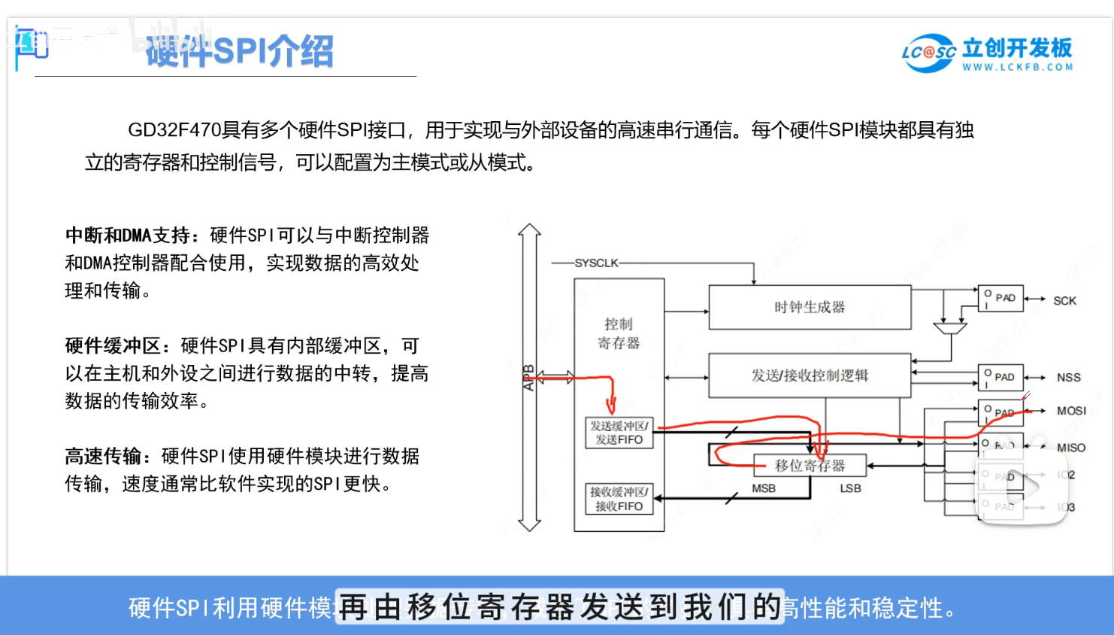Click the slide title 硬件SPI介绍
pyautogui.click(x=239, y=51)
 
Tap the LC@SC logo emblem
pyautogui.click(x=928, y=53)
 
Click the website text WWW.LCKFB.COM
pyautogui.click(x=1018, y=67)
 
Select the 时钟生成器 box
pyautogui.click(x=810, y=307)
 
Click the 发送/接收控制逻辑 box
pyautogui.click(x=810, y=375)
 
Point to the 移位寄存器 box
pyautogui.click(x=810, y=466)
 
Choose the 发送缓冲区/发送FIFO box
pyautogui.click(x=619, y=433)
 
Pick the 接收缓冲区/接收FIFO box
pyautogui.click(x=619, y=499)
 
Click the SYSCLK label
pyautogui.click(x=596, y=263)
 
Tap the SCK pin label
pyautogui.click(x=1064, y=301)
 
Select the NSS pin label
pyautogui.click(x=1068, y=378)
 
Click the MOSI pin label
pyautogui.click(x=1071, y=411)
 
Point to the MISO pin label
pyautogui.click(x=1070, y=448)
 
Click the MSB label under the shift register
pyautogui.click(x=764, y=488)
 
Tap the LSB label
pyautogui.click(x=850, y=488)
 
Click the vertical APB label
pyautogui.click(x=528, y=378)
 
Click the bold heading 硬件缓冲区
pyautogui.click(x=113, y=346)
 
